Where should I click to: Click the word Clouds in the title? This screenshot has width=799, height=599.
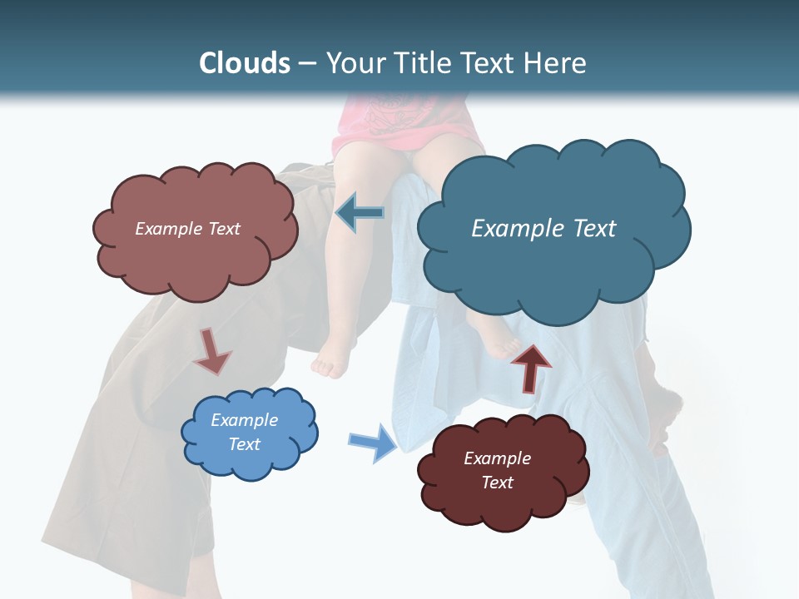[x=245, y=62]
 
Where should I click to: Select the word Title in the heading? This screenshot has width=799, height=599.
[x=423, y=62]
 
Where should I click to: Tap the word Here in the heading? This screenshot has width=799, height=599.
[x=555, y=62]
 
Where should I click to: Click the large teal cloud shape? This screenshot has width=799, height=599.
[x=553, y=266]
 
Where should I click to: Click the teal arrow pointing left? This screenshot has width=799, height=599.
[x=360, y=213]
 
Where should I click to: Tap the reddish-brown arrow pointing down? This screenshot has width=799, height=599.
[x=211, y=350]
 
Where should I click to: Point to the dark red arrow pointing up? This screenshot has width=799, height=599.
[x=530, y=366]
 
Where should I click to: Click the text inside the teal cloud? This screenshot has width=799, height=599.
[x=543, y=229]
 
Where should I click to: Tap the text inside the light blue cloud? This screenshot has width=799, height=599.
[x=244, y=432]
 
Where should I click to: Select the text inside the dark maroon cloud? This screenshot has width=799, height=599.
[x=497, y=470]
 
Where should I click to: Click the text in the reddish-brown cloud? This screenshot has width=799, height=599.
[x=187, y=229]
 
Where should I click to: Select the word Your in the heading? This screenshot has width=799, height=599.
[x=356, y=62]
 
